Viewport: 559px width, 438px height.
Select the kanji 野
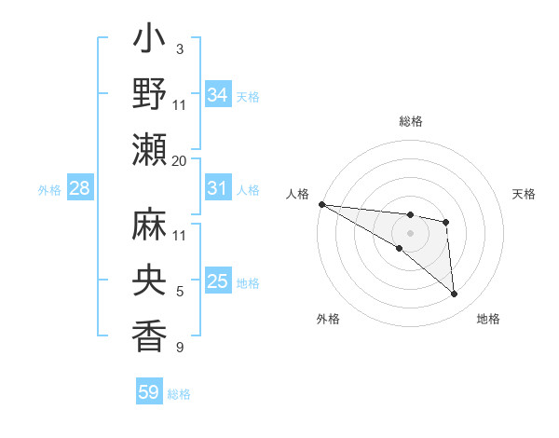[x=149, y=95]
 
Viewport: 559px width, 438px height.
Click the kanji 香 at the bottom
[x=149, y=335]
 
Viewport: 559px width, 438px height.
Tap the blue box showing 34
[x=217, y=95]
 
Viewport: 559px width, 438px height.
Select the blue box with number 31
[x=217, y=188]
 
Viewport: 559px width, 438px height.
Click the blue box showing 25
[x=217, y=281]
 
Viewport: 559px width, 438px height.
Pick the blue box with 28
[x=79, y=189]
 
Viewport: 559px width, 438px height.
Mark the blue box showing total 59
[x=148, y=392]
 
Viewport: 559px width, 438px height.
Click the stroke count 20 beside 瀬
[x=180, y=161]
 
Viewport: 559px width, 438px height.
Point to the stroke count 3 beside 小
[x=179, y=48]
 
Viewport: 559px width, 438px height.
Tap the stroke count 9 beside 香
[x=179, y=348]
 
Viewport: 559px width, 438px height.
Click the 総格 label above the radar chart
[x=410, y=121]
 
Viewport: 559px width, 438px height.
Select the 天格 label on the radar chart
[x=524, y=194]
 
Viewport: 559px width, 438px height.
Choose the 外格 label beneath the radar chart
[x=328, y=320]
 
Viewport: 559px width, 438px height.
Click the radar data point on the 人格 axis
[x=321, y=204]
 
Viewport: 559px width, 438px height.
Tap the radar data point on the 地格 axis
[x=455, y=294]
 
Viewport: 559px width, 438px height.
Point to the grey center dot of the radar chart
[x=410, y=232]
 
